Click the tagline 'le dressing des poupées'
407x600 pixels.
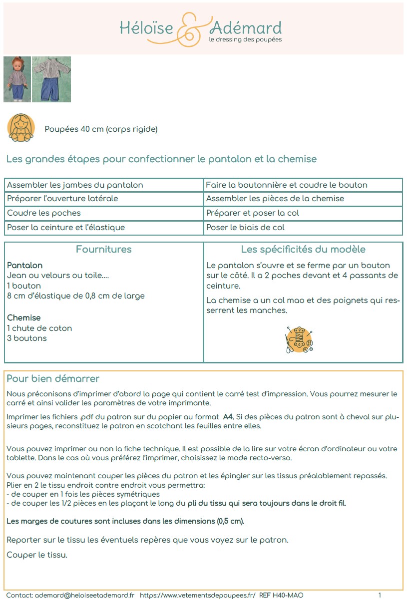[245, 39]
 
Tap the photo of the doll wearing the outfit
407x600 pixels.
[17, 79]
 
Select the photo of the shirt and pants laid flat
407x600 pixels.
[51, 79]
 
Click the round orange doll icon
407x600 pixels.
[21, 127]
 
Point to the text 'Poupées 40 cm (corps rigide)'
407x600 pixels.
[101, 129]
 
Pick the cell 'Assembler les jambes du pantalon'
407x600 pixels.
[75, 185]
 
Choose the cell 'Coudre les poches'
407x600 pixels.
[44, 213]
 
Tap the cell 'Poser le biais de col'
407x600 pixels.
[245, 228]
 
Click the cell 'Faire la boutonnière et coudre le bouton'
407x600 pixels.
[286, 185]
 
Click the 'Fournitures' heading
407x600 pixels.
[104, 250]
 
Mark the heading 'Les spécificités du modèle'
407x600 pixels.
[303, 250]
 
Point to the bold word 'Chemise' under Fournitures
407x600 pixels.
[24, 318]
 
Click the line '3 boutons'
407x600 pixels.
[27, 338]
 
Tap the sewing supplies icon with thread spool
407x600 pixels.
[299, 340]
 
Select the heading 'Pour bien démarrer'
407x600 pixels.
[53, 379]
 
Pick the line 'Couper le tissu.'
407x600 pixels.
[37, 555]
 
